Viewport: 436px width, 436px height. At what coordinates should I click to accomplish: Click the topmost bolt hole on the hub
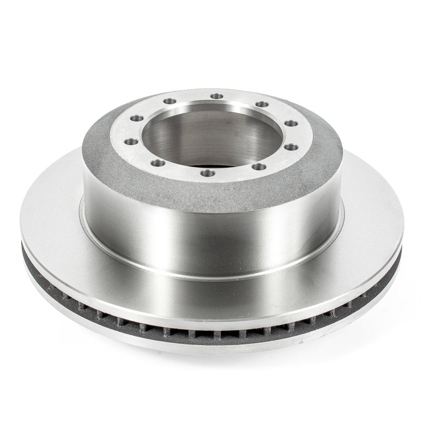tap(217, 96)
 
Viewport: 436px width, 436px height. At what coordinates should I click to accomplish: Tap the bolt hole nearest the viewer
tap(208, 173)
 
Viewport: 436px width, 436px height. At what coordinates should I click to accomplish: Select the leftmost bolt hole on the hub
tap(131, 142)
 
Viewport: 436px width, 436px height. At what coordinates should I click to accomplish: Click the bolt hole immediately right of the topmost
tap(262, 104)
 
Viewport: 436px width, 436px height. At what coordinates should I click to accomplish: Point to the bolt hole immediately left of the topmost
tap(171, 101)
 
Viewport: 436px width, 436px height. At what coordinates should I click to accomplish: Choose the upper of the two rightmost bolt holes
tap(291, 123)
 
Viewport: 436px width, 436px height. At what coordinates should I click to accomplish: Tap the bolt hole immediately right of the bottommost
tap(259, 167)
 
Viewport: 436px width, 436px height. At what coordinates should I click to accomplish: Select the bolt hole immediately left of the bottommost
tap(158, 163)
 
